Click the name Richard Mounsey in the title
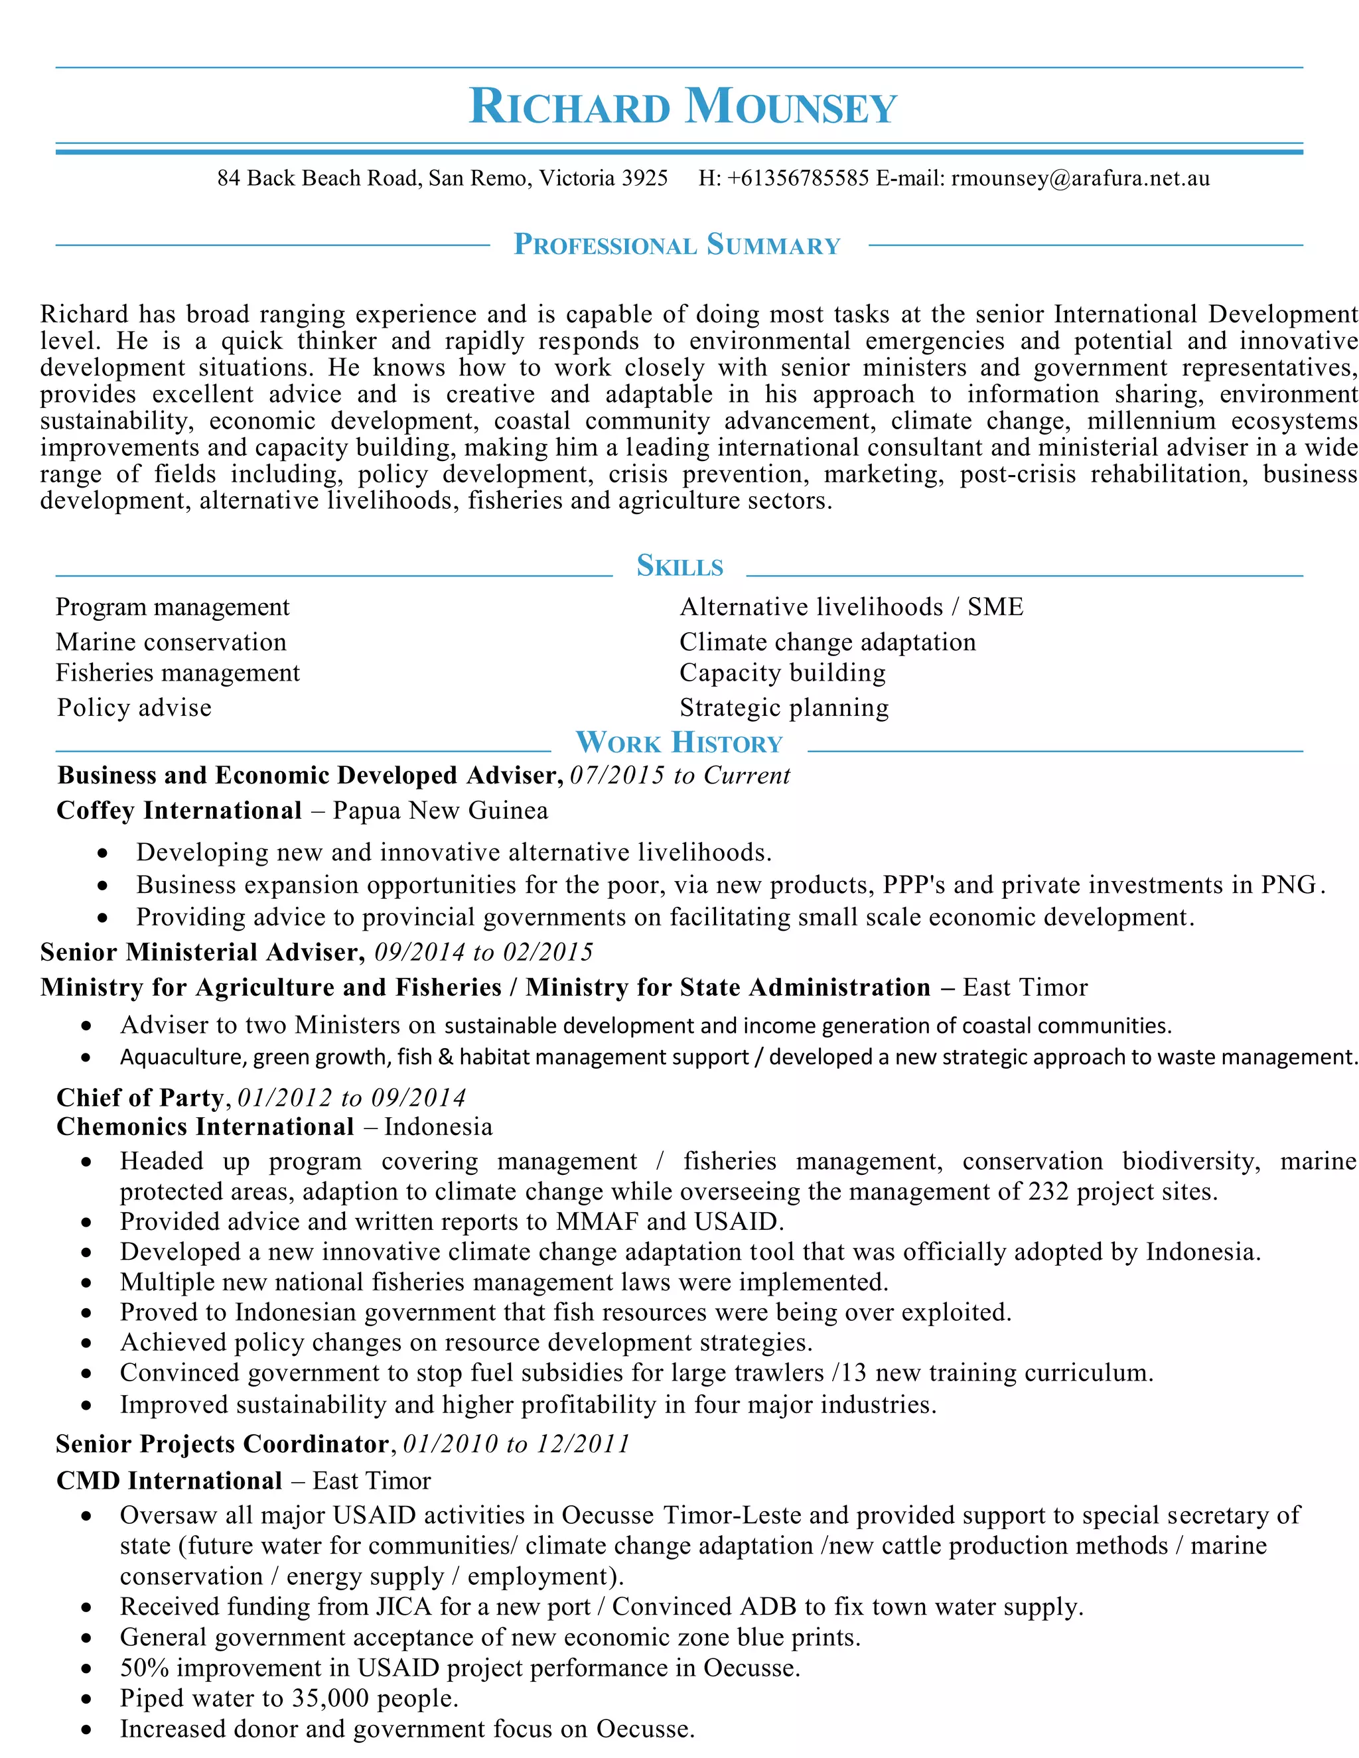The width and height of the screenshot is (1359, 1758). [682, 107]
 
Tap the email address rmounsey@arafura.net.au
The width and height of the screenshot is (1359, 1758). [1080, 178]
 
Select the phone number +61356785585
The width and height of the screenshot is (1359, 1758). [797, 178]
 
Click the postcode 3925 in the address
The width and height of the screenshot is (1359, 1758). [644, 178]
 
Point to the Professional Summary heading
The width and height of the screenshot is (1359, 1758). [677, 245]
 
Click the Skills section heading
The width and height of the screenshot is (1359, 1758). [679, 566]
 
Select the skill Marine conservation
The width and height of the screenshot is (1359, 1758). [171, 642]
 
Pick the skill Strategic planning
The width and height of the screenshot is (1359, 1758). [784, 708]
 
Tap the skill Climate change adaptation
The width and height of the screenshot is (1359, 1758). [827, 642]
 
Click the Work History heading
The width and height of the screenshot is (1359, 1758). [679, 742]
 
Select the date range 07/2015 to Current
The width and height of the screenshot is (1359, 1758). [679, 775]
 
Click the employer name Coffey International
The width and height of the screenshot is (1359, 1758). [179, 811]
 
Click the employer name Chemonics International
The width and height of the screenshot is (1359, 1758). [204, 1127]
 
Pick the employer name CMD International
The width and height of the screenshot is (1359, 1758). [169, 1481]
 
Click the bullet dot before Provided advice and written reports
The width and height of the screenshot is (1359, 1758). [87, 1223]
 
